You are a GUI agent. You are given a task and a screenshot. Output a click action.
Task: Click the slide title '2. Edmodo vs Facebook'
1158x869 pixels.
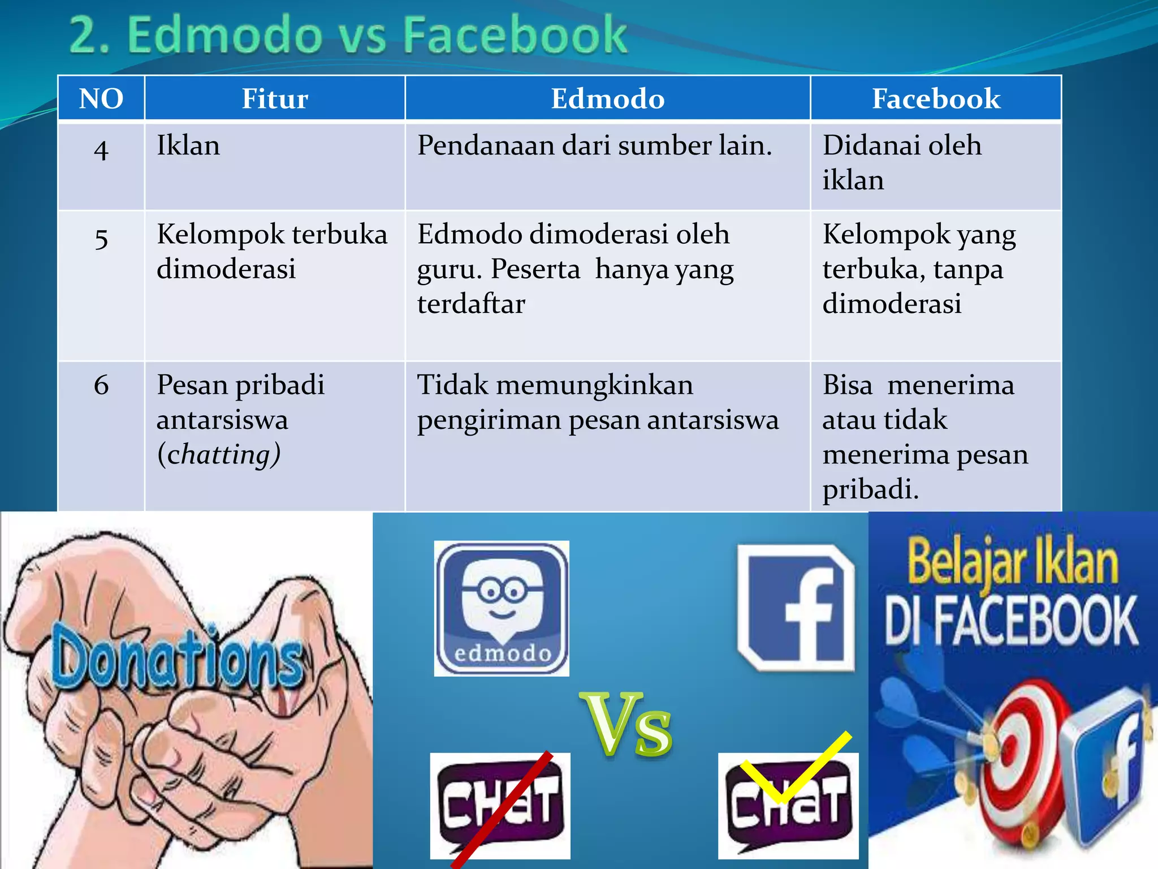click(348, 35)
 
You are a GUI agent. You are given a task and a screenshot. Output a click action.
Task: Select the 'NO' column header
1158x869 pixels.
click(101, 98)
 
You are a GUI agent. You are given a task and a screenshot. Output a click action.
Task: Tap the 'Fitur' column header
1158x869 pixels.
click(275, 98)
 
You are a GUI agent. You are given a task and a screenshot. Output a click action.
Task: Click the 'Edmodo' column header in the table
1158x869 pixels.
click(608, 98)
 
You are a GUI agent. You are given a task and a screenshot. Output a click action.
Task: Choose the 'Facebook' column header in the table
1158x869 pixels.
click(936, 98)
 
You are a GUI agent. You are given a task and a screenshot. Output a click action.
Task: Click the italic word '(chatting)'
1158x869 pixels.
click(219, 455)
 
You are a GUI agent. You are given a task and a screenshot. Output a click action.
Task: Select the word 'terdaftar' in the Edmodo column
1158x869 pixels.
click(471, 304)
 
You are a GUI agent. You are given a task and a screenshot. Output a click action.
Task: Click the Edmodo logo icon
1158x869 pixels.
click(502, 608)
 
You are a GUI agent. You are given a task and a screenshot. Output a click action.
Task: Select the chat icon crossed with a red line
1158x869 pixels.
click(500, 806)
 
